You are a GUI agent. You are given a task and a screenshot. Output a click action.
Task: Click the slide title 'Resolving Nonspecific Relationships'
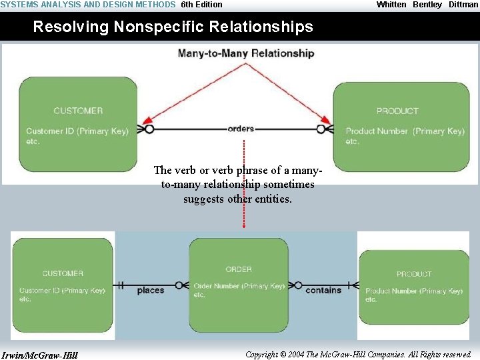tap(173, 27)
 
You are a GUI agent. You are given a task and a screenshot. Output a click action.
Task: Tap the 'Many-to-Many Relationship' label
tap(246, 53)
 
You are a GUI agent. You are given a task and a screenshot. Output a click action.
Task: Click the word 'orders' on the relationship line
tap(241, 129)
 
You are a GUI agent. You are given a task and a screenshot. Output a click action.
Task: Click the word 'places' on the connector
tap(151, 291)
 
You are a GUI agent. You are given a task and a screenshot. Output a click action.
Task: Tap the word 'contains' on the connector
tap(323, 290)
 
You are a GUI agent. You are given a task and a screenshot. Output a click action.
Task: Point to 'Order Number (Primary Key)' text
tap(239, 286)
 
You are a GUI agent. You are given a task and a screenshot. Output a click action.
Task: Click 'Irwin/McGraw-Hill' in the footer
tap(40, 355)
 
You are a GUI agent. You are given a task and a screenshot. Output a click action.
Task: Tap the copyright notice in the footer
tap(359, 355)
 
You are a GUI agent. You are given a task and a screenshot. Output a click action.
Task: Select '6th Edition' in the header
tap(202, 5)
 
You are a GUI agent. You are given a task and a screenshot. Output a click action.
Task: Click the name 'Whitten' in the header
tap(391, 5)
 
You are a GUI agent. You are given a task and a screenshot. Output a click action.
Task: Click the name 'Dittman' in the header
tap(463, 5)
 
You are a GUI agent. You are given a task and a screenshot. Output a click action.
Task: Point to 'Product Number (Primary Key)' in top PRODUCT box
tap(405, 131)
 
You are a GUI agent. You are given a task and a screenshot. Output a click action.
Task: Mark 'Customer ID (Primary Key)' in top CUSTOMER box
tap(77, 131)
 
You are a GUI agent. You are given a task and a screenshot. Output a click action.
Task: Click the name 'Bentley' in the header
tap(427, 5)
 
